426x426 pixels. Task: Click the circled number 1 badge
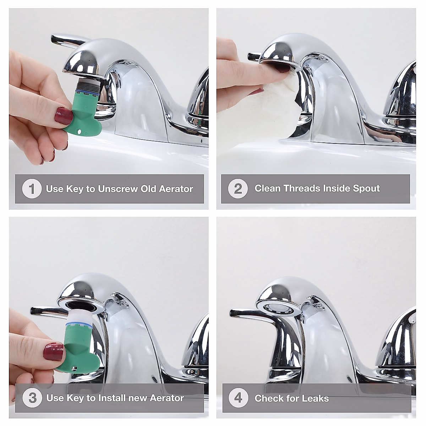pyautogui.click(x=32, y=189)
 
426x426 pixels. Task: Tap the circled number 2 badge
pyautogui.click(x=238, y=189)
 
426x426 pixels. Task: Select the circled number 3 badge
pyautogui.click(x=32, y=398)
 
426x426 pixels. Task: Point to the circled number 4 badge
pyautogui.click(x=238, y=398)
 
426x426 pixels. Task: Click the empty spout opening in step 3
pyautogui.click(x=83, y=304)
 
